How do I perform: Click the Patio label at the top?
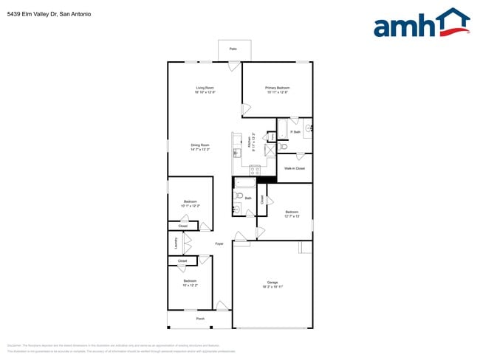pos(233,49)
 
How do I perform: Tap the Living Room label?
pos(205,88)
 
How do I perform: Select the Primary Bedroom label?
pos(277,88)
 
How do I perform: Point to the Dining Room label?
pos(200,145)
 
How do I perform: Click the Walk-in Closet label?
pos(295,168)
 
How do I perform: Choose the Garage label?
pos(272,283)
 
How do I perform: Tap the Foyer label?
pos(219,243)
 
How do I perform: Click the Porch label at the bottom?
pos(200,319)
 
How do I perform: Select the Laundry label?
pos(176,243)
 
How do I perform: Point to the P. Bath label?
pos(295,132)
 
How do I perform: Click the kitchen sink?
pos(237,153)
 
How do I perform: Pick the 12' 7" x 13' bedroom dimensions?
pos(292,216)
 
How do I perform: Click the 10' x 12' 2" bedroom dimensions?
pos(190,285)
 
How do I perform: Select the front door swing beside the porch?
pos(221,304)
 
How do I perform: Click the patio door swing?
pos(234,67)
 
